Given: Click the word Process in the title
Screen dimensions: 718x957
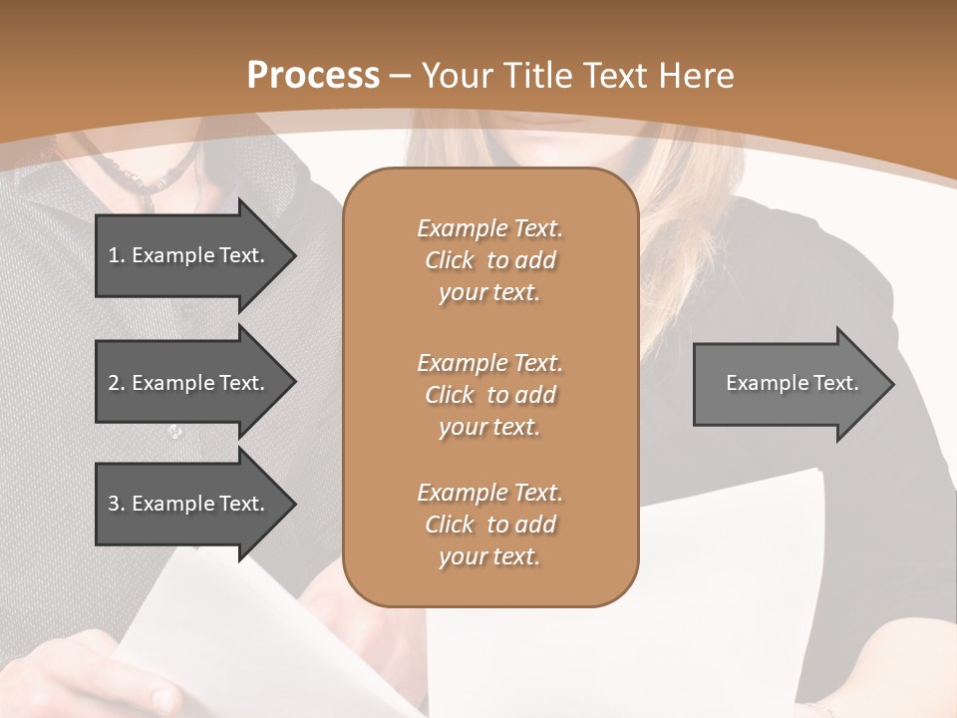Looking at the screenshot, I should click(x=313, y=75).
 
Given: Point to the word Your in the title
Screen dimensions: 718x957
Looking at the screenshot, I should click(x=458, y=75).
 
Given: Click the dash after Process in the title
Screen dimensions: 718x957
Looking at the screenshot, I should click(x=401, y=76).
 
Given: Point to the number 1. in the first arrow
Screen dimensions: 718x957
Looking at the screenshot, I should click(x=117, y=255).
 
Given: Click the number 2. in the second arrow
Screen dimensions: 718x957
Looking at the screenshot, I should click(x=117, y=383).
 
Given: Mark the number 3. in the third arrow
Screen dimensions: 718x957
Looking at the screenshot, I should click(x=117, y=504).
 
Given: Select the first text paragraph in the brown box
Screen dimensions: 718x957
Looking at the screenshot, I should click(x=489, y=260).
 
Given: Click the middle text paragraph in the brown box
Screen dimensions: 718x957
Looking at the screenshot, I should click(x=489, y=394).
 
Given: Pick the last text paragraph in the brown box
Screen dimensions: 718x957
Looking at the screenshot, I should click(x=489, y=525).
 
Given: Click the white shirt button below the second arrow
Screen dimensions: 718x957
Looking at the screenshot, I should click(x=175, y=432).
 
